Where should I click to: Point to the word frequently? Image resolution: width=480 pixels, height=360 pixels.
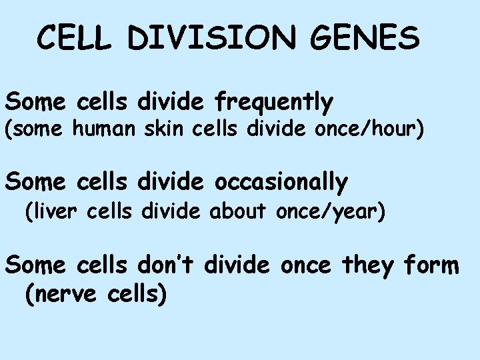[273, 103]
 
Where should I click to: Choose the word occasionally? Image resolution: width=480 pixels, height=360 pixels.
[281, 181]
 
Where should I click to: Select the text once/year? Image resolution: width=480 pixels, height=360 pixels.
[333, 214]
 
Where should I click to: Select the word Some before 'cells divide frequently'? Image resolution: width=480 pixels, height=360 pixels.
[35, 103]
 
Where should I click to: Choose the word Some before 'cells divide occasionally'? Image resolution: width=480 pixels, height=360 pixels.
[35, 181]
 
